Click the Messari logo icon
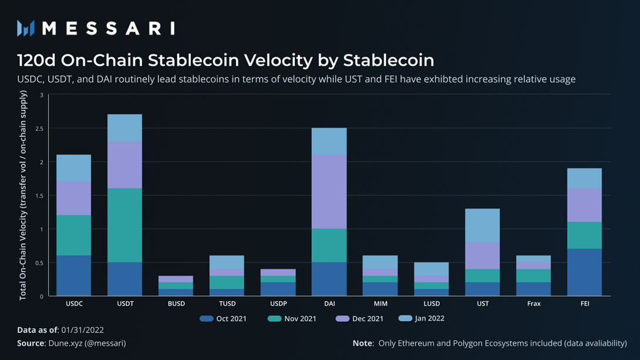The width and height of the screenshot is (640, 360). tap(26, 28)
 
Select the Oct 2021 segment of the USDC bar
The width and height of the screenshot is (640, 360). tap(73, 275)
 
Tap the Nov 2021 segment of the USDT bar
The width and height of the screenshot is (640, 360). tap(124, 226)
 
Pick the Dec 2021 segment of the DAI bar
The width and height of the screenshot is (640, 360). tap(329, 191)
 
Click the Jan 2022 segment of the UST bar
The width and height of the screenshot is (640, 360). tap(482, 226)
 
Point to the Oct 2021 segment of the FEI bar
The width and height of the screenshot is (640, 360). tap(584, 272)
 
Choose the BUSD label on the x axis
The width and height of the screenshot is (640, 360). tap(176, 304)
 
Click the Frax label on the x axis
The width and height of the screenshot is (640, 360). tap(533, 304)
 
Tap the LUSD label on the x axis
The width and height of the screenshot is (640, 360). tap(431, 304)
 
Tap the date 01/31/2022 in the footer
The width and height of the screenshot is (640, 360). tap(83, 331)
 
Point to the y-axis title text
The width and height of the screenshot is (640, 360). tap(23, 195)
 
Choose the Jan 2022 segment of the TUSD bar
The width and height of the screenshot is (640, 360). tap(227, 262)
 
